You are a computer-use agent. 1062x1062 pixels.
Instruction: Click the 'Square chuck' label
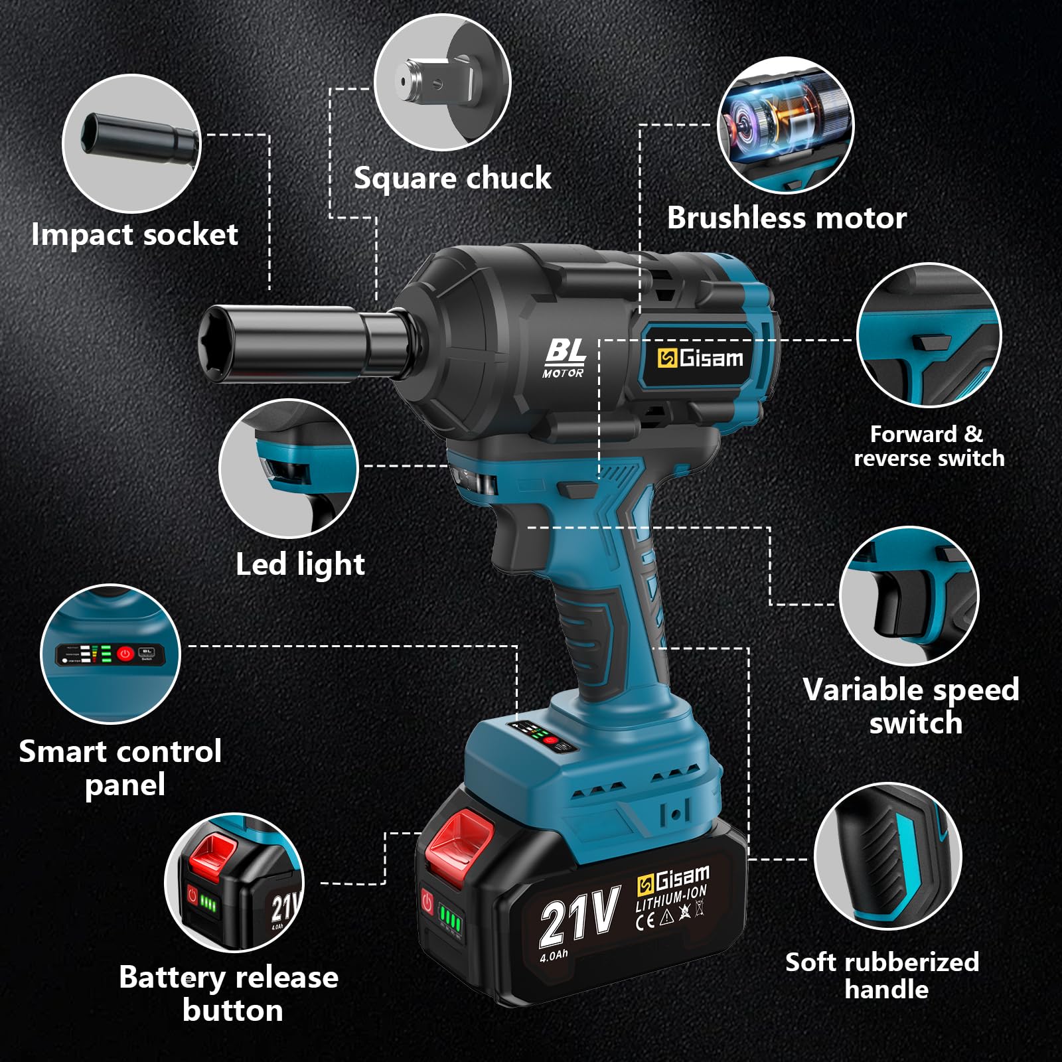(x=452, y=178)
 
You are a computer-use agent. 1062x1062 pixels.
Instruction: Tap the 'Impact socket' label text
(x=134, y=235)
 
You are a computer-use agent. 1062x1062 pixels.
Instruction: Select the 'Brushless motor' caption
(x=787, y=218)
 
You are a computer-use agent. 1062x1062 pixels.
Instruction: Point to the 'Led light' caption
(x=300, y=565)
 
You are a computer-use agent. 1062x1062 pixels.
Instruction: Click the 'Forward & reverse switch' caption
(x=929, y=446)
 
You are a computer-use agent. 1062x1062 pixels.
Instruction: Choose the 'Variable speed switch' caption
(x=911, y=706)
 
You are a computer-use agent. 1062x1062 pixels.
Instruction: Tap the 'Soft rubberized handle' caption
(x=883, y=975)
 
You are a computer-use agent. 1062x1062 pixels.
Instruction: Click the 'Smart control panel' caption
(x=120, y=768)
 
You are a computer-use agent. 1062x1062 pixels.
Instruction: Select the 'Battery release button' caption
(x=229, y=994)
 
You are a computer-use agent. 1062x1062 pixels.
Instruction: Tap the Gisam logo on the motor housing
(x=700, y=358)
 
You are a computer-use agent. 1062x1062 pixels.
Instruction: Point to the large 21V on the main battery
(x=579, y=917)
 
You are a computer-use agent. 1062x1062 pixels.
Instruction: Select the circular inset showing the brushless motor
(x=786, y=125)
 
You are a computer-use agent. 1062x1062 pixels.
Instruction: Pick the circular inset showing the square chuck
(x=443, y=83)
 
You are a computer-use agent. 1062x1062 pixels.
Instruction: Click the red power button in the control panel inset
(x=125, y=654)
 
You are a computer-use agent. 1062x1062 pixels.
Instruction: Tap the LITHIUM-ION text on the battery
(x=671, y=899)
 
